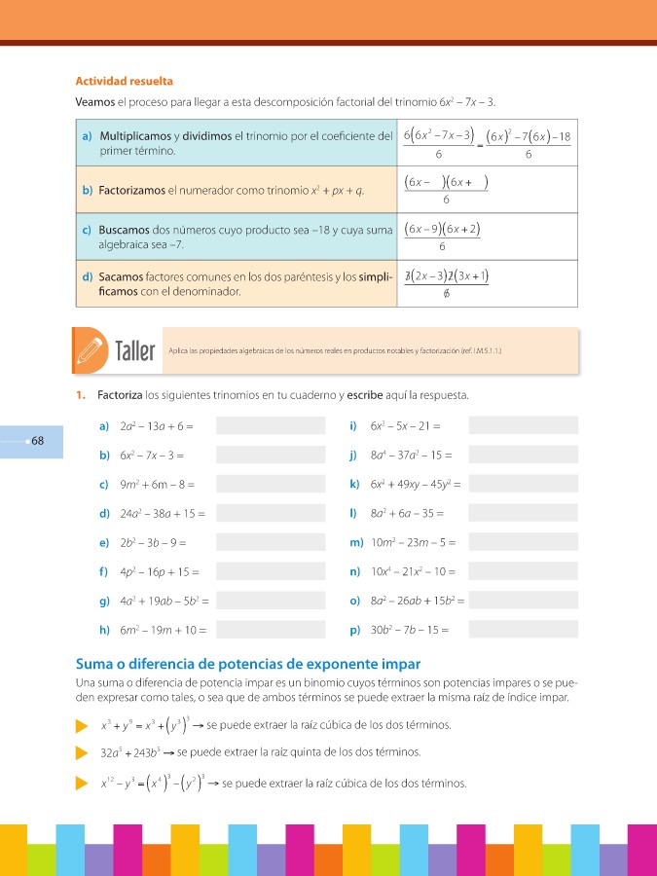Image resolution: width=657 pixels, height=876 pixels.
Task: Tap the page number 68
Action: tap(37, 441)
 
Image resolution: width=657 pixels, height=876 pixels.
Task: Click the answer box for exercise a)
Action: tap(271, 425)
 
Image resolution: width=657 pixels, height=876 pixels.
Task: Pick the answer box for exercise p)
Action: tap(523, 630)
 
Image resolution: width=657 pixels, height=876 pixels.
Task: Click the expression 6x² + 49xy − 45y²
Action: tap(414, 484)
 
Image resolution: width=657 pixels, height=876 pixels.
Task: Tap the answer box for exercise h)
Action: tap(271, 630)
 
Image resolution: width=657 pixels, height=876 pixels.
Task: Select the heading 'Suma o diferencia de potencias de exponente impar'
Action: tap(247, 664)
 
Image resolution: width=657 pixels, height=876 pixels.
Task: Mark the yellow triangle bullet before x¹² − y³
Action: tap(82, 784)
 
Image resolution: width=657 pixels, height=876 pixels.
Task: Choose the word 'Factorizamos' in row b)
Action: tap(131, 191)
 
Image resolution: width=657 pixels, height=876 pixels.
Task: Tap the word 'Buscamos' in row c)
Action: tap(124, 230)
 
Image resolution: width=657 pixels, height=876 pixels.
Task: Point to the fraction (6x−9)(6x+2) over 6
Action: tap(444, 237)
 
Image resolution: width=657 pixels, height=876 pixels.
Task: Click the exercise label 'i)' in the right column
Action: tap(352, 425)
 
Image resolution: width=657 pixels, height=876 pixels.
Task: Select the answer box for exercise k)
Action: tap(523, 484)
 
